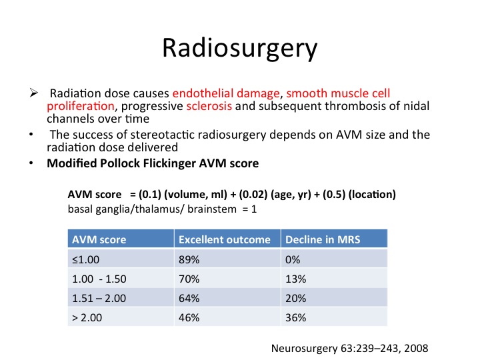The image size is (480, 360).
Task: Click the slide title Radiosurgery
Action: pos(240,49)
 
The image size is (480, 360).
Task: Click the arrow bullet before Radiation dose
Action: pos(34,93)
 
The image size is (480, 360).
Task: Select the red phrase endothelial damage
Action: pos(226,93)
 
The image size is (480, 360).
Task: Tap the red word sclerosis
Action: pos(209,106)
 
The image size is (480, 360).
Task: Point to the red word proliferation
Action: pos(81,106)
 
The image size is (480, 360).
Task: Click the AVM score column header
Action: pos(99,239)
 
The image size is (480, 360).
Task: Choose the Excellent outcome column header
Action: pos(225,239)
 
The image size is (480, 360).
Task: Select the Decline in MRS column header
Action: pos(323,239)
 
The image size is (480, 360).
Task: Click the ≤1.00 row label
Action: pos(86,259)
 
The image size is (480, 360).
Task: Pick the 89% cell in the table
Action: pos(189,259)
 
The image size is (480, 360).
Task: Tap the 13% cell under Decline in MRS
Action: pos(295,279)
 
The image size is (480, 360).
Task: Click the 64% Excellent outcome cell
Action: pos(189,298)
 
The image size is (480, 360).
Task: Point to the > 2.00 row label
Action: pos(87,317)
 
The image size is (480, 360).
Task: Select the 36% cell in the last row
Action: pos(295,317)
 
